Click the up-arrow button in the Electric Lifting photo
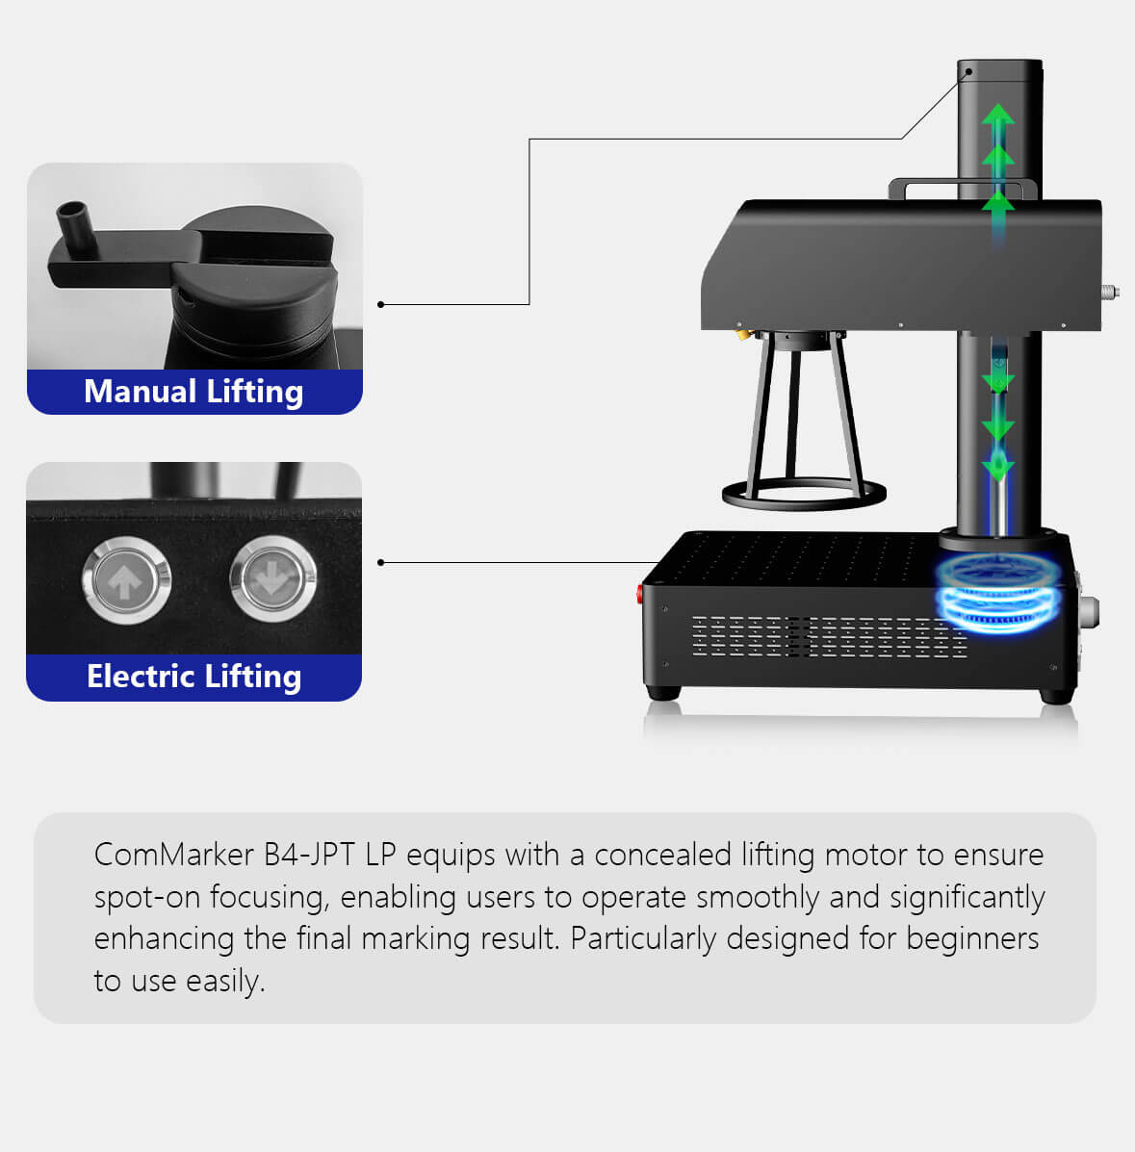[126, 580]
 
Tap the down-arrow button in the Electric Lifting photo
[273, 579]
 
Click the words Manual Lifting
[193, 392]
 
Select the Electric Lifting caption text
[194, 677]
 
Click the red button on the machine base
[639, 593]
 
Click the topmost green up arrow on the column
[997, 116]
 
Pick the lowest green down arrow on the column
[997, 467]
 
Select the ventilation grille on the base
[829, 636]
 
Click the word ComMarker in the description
[174, 855]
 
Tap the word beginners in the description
[972, 939]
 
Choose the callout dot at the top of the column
[968, 72]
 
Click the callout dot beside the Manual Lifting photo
[381, 304]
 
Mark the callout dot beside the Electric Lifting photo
[381, 563]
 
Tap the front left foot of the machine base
[663, 693]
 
